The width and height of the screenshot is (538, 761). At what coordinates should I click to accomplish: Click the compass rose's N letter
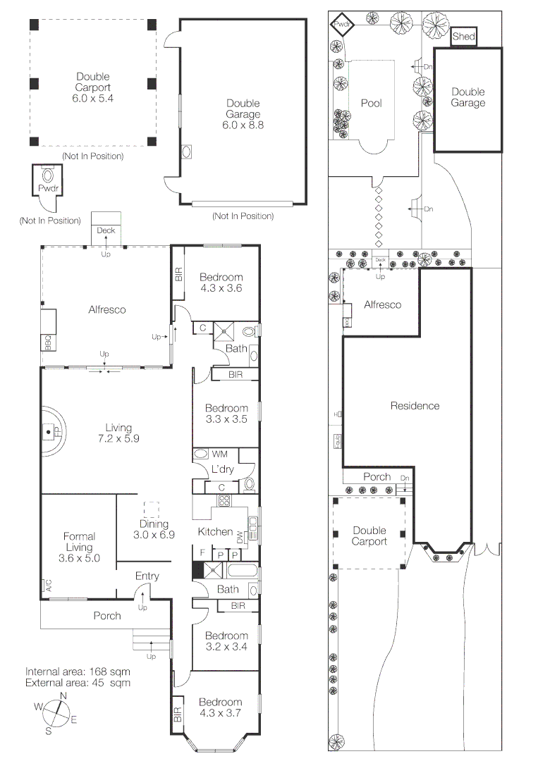pyautogui.click(x=63, y=696)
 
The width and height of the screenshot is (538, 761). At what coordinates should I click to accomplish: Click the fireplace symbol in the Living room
pyautogui.click(x=49, y=431)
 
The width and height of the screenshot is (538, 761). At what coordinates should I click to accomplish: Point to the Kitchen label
pyautogui.click(x=215, y=531)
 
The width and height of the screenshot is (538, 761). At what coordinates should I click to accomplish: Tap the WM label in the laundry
pyautogui.click(x=220, y=454)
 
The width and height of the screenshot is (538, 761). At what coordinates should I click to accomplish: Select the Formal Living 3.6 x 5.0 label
pyautogui.click(x=78, y=547)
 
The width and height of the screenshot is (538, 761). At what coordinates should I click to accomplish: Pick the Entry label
pyautogui.click(x=147, y=576)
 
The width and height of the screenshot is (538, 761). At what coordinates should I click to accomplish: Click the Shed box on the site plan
pyautogui.click(x=463, y=37)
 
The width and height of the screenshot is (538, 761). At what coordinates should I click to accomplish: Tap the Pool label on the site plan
pyautogui.click(x=371, y=103)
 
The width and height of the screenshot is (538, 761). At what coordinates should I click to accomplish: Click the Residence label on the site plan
pyautogui.click(x=415, y=406)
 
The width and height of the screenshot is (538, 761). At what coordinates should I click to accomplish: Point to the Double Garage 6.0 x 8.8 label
pyautogui.click(x=243, y=114)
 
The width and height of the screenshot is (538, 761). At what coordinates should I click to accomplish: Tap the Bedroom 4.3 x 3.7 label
pyautogui.click(x=220, y=707)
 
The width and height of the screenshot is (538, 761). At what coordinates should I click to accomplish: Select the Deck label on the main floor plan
pyautogui.click(x=106, y=230)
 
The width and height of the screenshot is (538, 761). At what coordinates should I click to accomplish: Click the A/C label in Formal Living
pyautogui.click(x=49, y=584)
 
